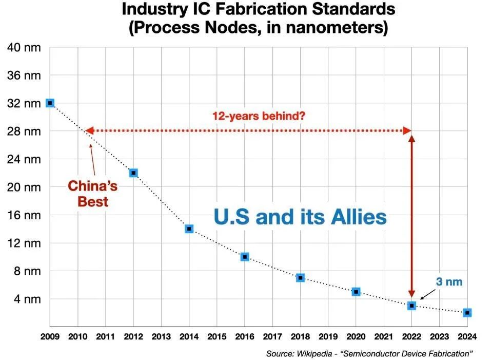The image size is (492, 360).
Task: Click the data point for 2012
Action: [x=133, y=173]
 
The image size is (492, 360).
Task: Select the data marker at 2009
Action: [x=50, y=103]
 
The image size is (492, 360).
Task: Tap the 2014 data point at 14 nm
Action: [x=189, y=229]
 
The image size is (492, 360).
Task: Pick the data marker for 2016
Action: [x=245, y=256]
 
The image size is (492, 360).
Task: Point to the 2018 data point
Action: [x=300, y=277]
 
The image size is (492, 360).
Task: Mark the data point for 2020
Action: [x=356, y=292]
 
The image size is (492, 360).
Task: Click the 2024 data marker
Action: [x=467, y=312]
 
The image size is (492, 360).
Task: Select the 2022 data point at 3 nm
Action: [x=411, y=306]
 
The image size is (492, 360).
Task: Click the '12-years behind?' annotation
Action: [x=259, y=116]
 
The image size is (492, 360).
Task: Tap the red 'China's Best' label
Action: [x=93, y=193]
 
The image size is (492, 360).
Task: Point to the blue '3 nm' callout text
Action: [x=449, y=282]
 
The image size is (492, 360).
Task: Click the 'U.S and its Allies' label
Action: [x=300, y=217]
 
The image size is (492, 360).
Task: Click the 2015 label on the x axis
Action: [x=217, y=337]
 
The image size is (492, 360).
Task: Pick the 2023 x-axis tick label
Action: [x=439, y=337]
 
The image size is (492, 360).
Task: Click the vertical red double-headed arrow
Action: [x=411, y=216]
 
